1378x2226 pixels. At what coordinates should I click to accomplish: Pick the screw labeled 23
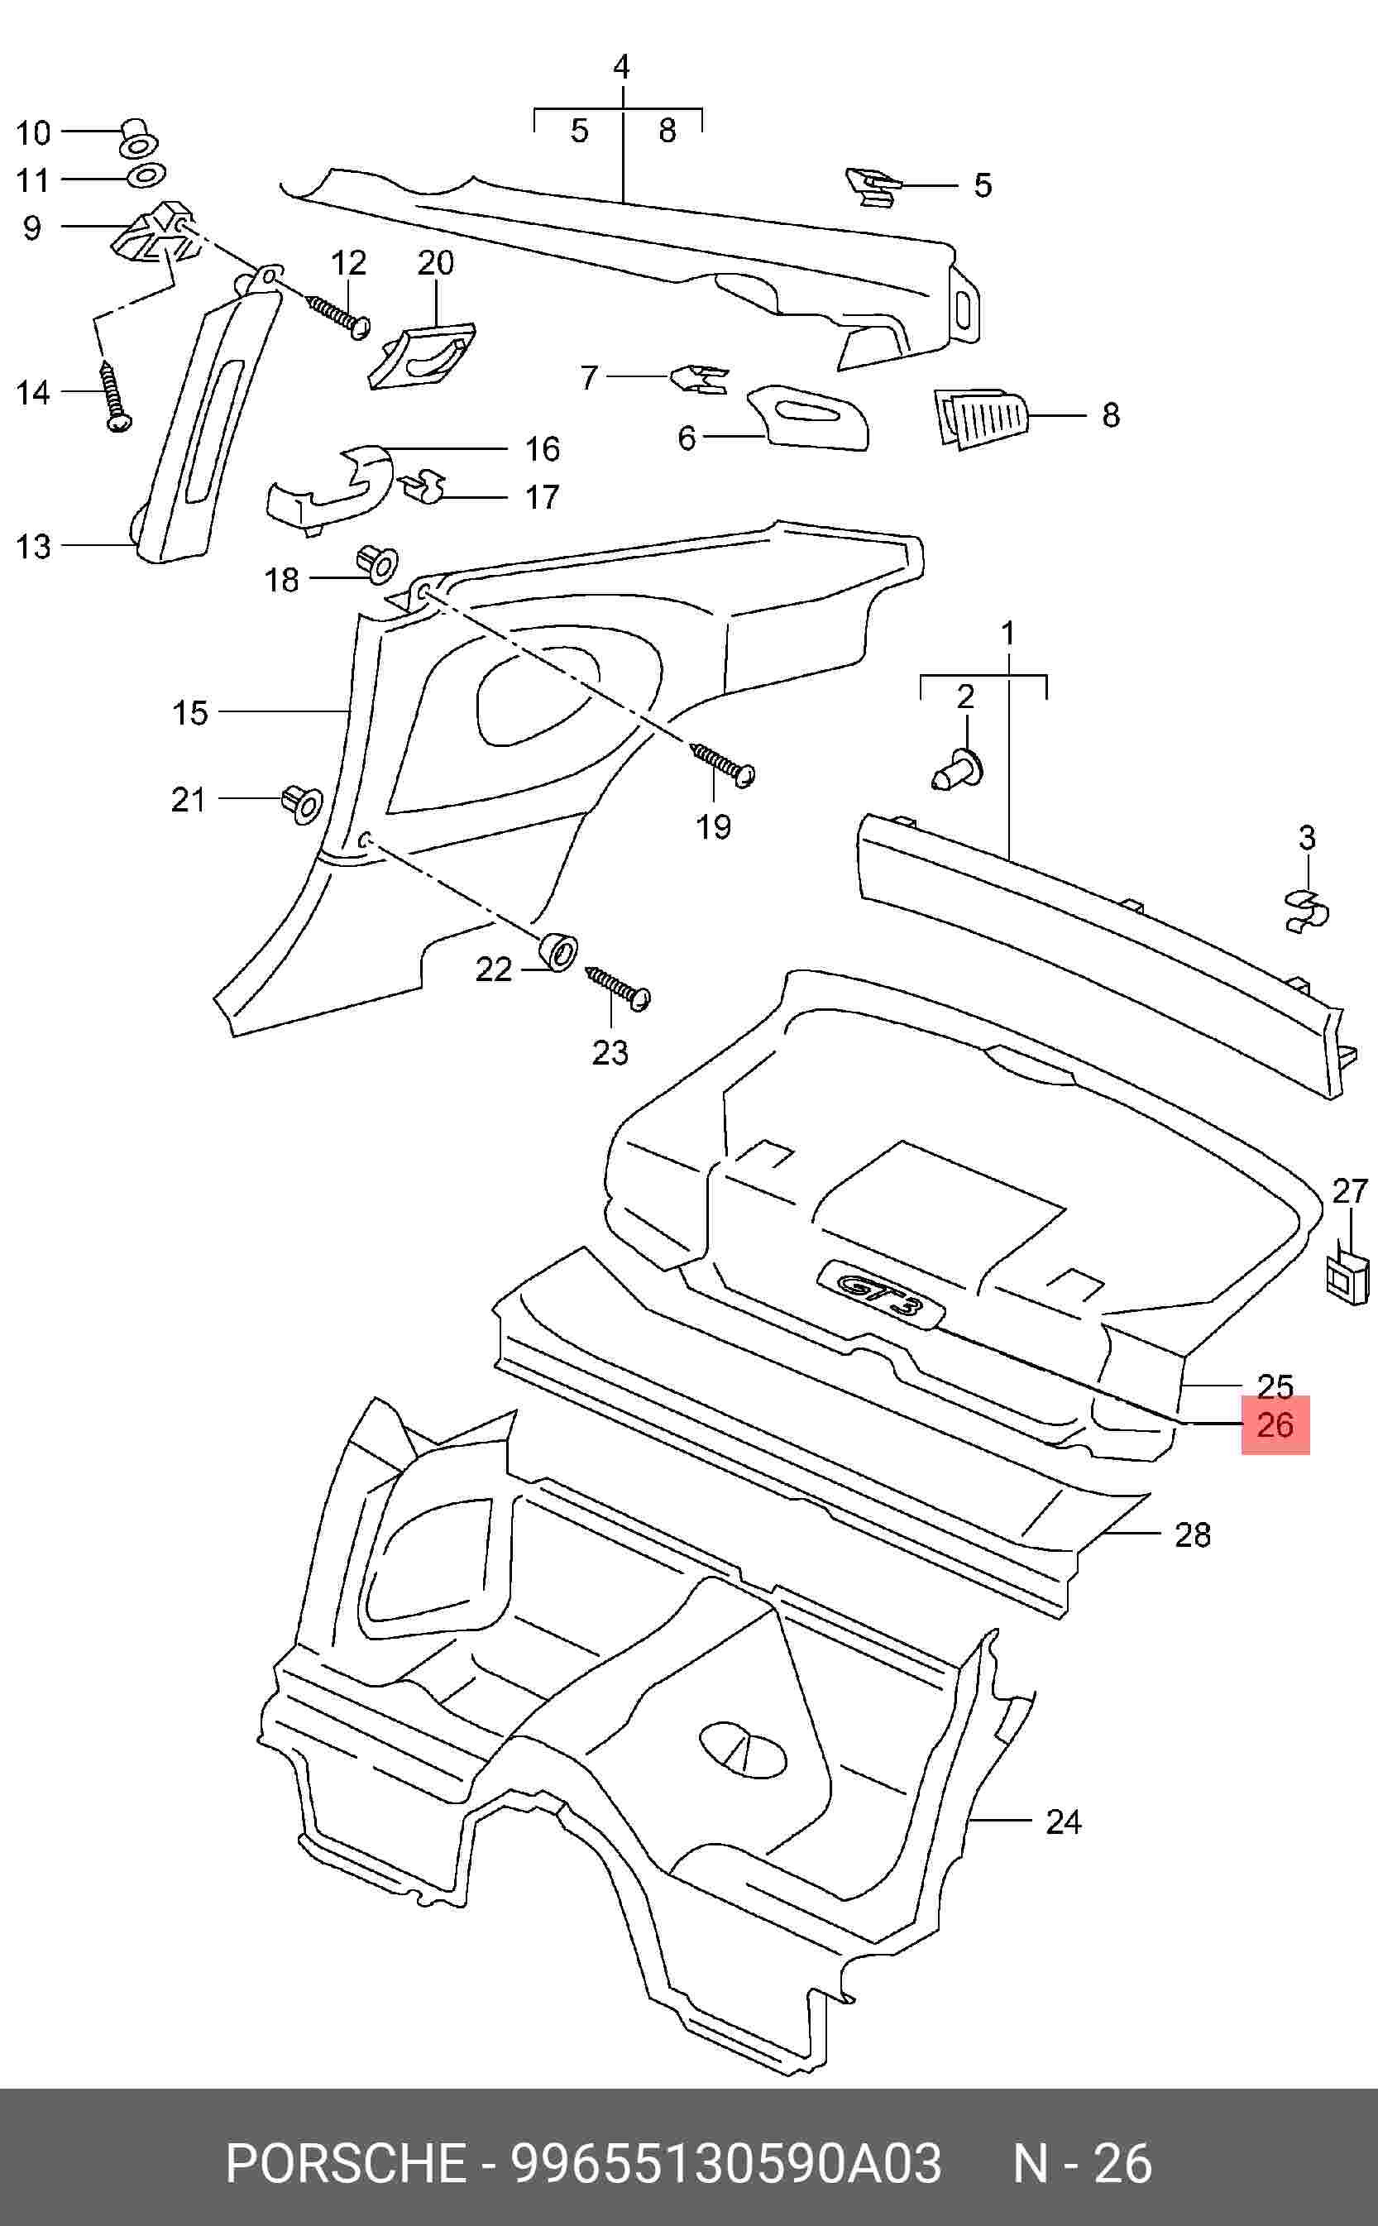[x=620, y=988]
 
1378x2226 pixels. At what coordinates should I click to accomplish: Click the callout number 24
[x=1063, y=1821]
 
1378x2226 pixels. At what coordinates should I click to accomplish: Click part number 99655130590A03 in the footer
[x=726, y=2163]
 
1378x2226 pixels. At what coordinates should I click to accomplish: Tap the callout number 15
[x=189, y=712]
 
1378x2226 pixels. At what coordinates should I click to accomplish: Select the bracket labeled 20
[x=422, y=357]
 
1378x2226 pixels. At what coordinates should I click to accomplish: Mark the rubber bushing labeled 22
[x=557, y=951]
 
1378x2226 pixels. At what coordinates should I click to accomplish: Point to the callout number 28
[x=1192, y=1534]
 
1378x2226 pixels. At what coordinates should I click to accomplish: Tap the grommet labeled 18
[x=376, y=564]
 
